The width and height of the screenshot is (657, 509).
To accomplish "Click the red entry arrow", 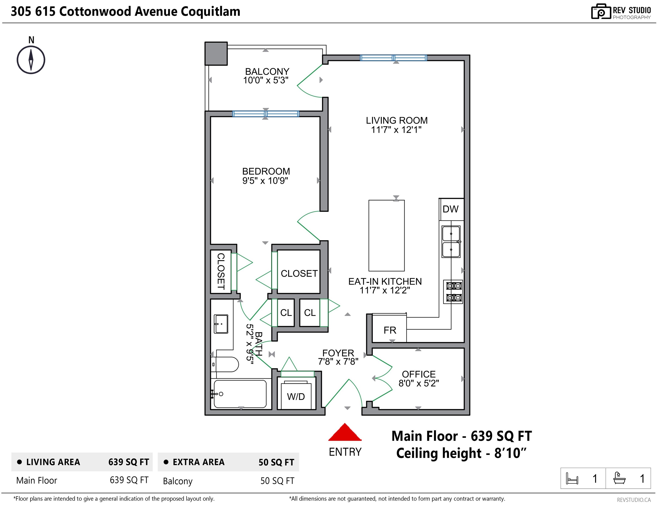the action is (x=345, y=432).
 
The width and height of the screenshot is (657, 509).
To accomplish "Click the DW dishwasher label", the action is (x=450, y=209).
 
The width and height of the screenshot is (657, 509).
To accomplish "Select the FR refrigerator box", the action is (x=390, y=328).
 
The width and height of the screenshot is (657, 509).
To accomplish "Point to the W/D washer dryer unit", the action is (x=296, y=394).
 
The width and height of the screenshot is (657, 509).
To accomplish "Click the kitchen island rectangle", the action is (x=387, y=236).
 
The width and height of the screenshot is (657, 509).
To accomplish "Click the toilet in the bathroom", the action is (x=225, y=364).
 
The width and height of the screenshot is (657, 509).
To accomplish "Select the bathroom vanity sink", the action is (x=221, y=324).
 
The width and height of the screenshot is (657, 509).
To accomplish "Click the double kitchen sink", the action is (x=451, y=242).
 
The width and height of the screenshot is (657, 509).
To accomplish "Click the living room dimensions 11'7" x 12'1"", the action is (x=396, y=130).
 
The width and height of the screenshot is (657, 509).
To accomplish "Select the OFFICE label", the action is (x=419, y=374).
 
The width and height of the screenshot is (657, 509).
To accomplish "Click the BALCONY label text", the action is (x=267, y=71).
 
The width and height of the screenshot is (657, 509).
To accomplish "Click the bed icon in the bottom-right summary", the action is (x=572, y=478).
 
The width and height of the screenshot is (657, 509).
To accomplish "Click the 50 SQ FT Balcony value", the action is (x=277, y=481).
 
